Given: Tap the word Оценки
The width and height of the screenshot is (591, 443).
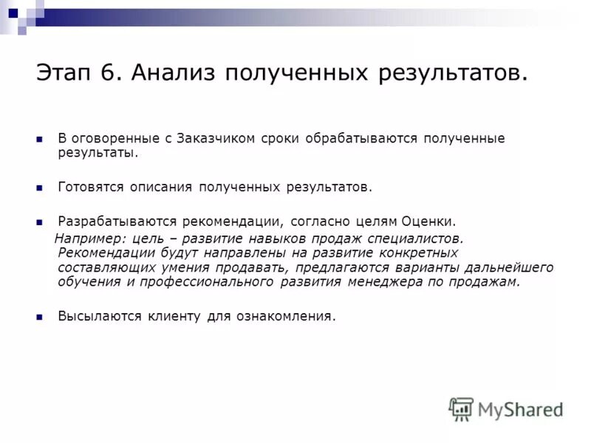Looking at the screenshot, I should tap(428, 221).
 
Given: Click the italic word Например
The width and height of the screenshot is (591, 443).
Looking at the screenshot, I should tap(89, 238).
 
